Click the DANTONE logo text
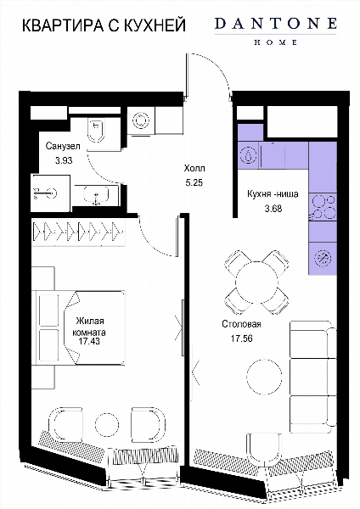pyautogui.click(x=276, y=24)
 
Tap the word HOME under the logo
pyautogui.click(x=276, y=42)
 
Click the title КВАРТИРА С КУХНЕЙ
pyautogui.click(x=104, y=25)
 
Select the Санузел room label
pyautogui.click(x=63, y=146)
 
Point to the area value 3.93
pyautogui.click(x=64, y=160)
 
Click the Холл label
pyautogui.click(x=194, y=169)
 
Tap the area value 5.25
pyautogui.click(x=194, y=182)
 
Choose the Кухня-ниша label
pyautogui.click(x=273, y=194)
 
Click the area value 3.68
pyautogui.click(x=273, y=209)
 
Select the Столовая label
pyautogui.click(x=241, y=324)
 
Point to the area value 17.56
pyautogui.click(x=241, y=338)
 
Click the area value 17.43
pyautogui.click(x=89, y=341)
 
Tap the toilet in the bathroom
pyautogui.click(x=96, y=130)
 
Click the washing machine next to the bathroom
pyautogui.click(x=141, y=120)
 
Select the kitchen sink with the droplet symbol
pyautogui.click(x=248, y=155)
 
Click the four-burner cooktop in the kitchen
pyautogui.click(x=323, y=207)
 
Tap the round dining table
pyautogui.click(x=256, y=282)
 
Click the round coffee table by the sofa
pyautogui.click(x=264, y=377)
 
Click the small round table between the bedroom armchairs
pyautogui.click(x=107, y=424)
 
